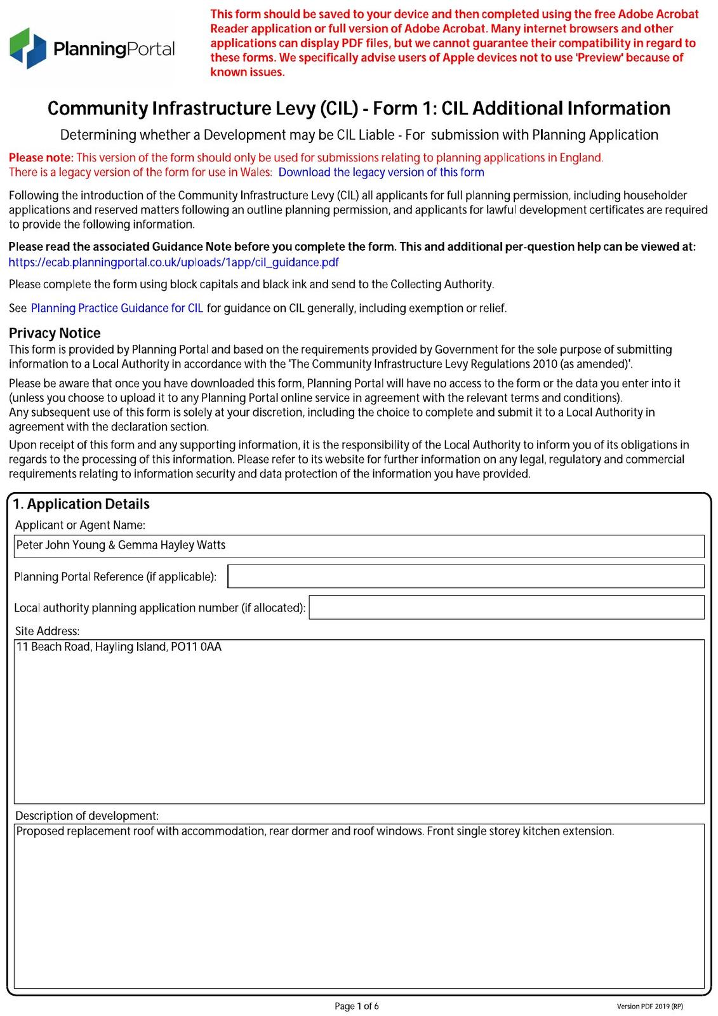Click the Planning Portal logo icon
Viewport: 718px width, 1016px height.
pos(28,48)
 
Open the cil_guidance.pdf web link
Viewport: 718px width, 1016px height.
pos(173,262)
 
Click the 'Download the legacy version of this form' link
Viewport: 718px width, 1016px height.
pos(381,172)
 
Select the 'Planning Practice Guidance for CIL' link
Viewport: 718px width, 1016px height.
pos(117,308)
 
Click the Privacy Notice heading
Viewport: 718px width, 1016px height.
pos(55,333)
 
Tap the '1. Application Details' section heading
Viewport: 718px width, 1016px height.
pos(81,504)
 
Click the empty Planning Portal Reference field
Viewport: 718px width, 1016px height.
pos(465,576)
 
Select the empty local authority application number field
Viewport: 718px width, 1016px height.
pos(506,607)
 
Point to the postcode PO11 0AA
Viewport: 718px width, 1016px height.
pos(196,647)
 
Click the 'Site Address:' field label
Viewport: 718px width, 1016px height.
pos(48,631)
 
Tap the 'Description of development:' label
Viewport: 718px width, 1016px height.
pos(87,815)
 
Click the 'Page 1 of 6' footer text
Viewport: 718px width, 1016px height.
pos(357,1006)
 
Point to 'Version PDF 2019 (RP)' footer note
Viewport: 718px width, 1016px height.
pos(649,1006)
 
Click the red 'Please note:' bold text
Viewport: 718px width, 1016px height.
pos(41,157)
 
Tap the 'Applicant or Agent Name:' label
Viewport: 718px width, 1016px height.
pos(80,525)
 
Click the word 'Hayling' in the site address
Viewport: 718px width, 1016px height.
pos(114,647)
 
